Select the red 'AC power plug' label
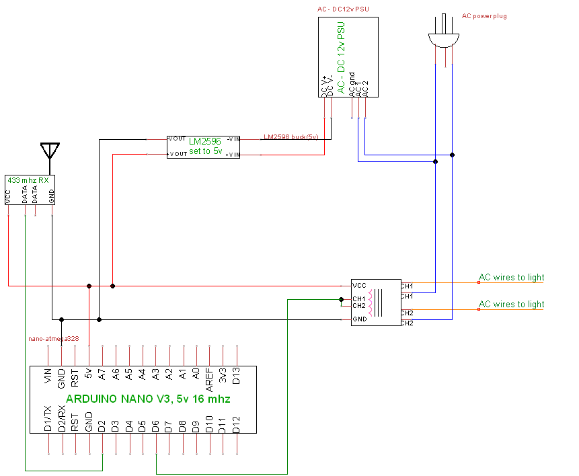pyautogui.click(x=484, y=15)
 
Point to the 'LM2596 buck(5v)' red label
pyautogui.click(x=291, y=137)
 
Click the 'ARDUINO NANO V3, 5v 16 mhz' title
pyautogui.click(x=148, y=399)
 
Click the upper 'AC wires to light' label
pyautogui.click(x=511, y=277)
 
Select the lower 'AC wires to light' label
pyautogui.click(x=511, y=304)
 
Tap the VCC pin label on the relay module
pyautogui.click(x=359, y=285)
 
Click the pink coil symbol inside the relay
pyautogui.click(x=369, y=302)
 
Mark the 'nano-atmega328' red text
pyautogui.click(x=53, y=339)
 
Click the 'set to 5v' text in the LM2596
pyautogui.click(x=204, y=151)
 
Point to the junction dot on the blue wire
pyautogui.click(x=453, y=155)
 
